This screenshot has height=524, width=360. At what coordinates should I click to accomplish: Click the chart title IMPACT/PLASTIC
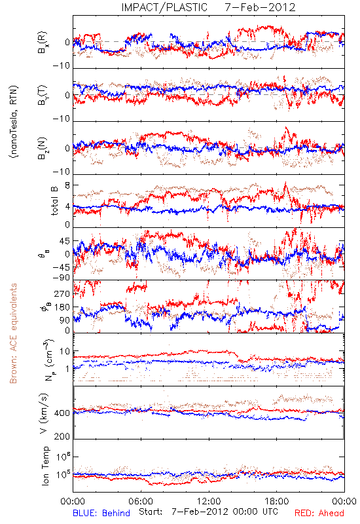coord(164,7)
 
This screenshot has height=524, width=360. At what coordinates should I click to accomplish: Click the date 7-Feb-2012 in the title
coord(260,7)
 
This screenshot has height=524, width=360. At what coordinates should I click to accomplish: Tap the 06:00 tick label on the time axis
coord(141,501)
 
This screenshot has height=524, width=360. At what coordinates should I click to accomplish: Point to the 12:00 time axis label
coord(209,501)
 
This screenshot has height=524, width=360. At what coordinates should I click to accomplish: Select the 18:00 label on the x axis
coord(277,501)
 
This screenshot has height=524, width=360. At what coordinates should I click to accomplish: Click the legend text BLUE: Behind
coord(101,513)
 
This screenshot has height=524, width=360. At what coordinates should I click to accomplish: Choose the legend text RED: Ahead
coord(319,513)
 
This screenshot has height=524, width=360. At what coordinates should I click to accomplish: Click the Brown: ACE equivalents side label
coord(13,333)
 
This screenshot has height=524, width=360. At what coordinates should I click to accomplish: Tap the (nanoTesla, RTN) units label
coord(14,122)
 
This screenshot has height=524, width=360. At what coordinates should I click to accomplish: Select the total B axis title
coord(54,201)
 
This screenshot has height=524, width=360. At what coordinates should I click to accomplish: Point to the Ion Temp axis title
coord(45,466)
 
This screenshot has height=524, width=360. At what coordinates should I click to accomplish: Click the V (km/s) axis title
coord(44,414)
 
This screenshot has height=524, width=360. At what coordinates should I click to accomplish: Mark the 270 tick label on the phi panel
coord(62,294)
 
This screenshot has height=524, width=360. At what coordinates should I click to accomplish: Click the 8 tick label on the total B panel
coord(67,185)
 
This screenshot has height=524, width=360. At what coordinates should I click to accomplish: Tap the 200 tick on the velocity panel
coord(62,436)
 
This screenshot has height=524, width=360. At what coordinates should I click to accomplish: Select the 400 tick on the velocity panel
coord(62,413)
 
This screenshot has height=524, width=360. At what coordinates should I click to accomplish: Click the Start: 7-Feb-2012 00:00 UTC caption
coord(208,512)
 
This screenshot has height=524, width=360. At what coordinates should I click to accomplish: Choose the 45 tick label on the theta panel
coord(65,241)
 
